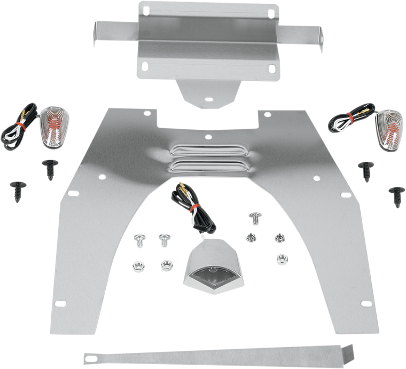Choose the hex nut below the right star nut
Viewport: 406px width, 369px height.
point(278,256)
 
